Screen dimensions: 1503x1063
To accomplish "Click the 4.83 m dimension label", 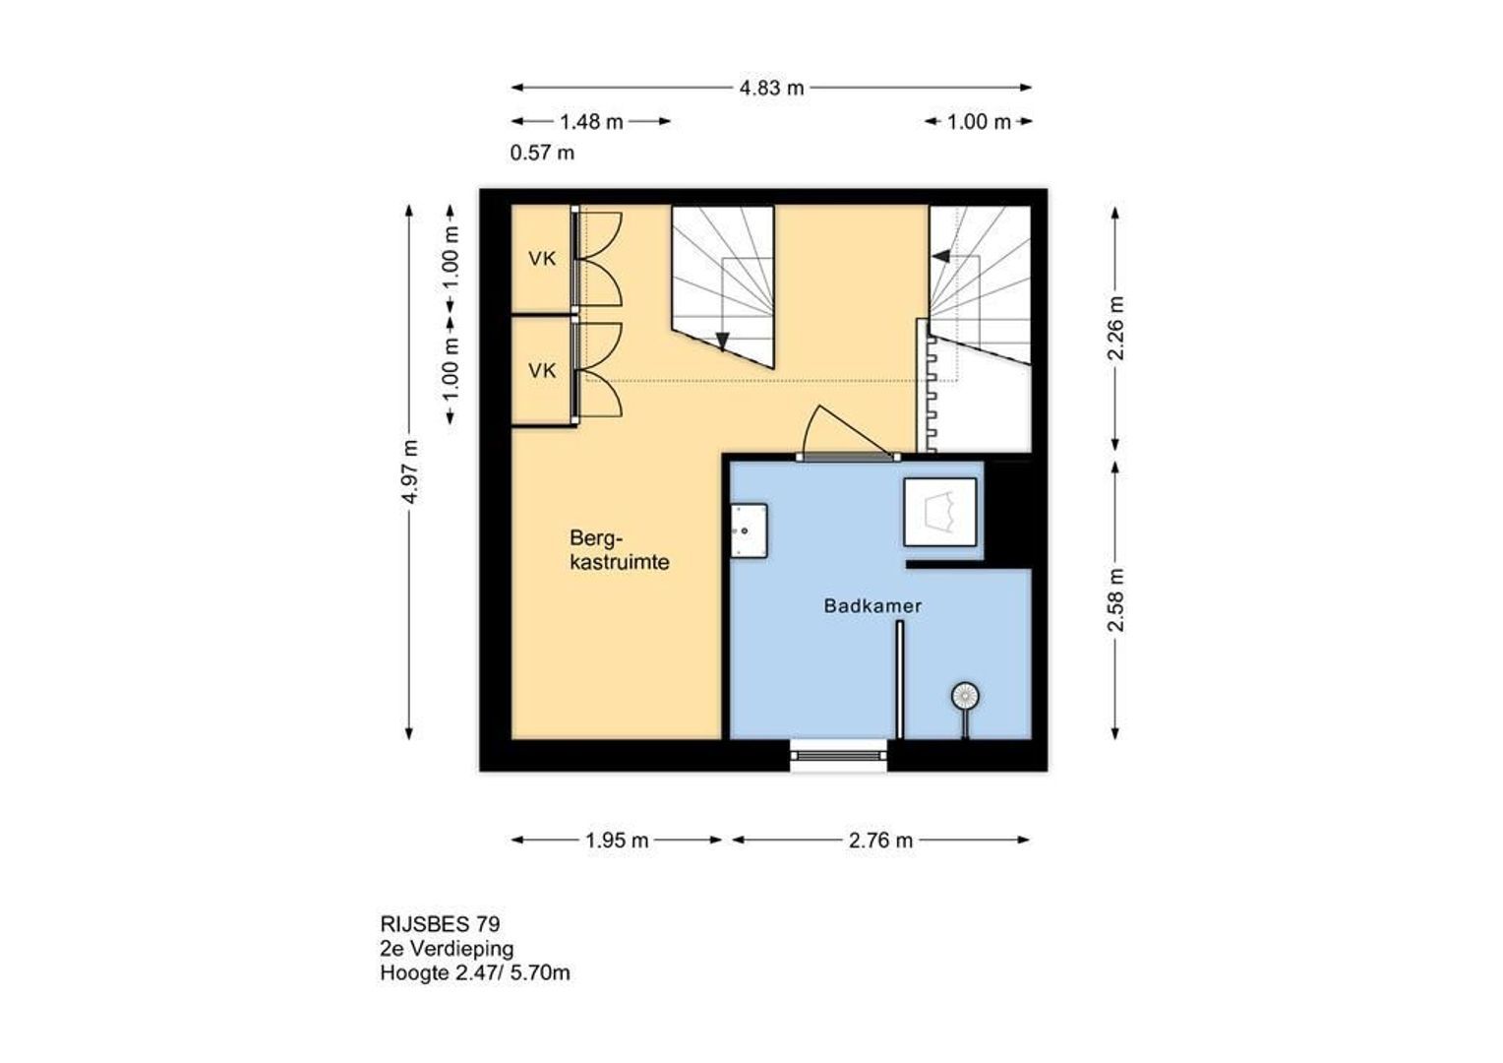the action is [771, 88].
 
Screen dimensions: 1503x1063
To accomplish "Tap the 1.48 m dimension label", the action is [591, 122].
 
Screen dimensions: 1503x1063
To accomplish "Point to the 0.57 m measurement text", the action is [542, 154].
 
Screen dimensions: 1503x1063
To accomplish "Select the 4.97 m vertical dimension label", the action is [410, 471].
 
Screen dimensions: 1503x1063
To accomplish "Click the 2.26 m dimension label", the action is [1114, 329].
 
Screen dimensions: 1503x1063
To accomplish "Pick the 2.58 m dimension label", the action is [1114, 599].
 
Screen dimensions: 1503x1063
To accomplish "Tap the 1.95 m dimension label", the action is [617, 841].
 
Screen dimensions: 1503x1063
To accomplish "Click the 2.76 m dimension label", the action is [880, 841].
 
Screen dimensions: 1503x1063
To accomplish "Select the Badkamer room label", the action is [872, 606].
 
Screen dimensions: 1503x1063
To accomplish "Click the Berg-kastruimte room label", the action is [620, 550].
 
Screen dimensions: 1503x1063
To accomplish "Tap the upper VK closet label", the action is [542, 259].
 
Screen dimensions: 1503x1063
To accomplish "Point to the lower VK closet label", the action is [542, 371].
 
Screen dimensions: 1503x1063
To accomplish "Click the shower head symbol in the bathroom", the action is [965, 696].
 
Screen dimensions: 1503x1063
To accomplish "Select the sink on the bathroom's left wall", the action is [749, 531].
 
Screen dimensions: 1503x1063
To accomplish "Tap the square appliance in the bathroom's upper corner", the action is [940, 512].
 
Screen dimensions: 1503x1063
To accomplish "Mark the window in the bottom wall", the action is [839, 756].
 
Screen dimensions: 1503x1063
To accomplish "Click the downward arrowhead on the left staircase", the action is [722, 342].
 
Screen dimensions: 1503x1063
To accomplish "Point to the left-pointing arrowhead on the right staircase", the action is [940, 256].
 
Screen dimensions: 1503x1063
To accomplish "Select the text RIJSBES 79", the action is [440, 924].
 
